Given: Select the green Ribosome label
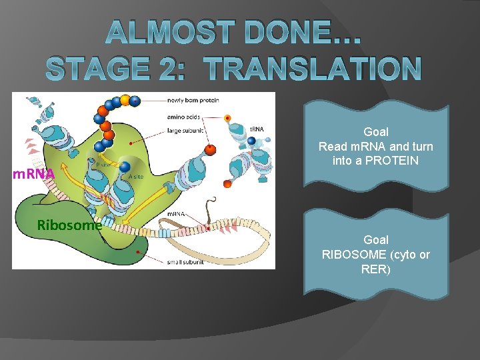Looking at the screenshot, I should pos(69,225).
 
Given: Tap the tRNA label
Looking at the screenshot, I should pos(258,129).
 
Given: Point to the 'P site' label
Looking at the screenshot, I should pos(103,164).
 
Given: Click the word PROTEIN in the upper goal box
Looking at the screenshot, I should pos(391,160).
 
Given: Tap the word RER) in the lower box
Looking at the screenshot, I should pos(376,269).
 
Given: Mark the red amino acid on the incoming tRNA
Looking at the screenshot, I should pos(210,149).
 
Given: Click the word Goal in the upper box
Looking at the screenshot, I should pos(376,132).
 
